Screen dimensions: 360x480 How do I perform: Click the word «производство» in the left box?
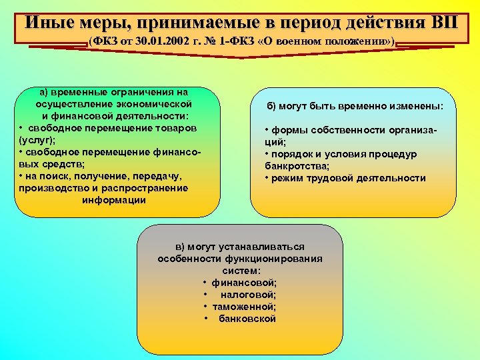(x=50, y=188)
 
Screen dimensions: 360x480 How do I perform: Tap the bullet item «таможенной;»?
(x=244, y=306)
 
